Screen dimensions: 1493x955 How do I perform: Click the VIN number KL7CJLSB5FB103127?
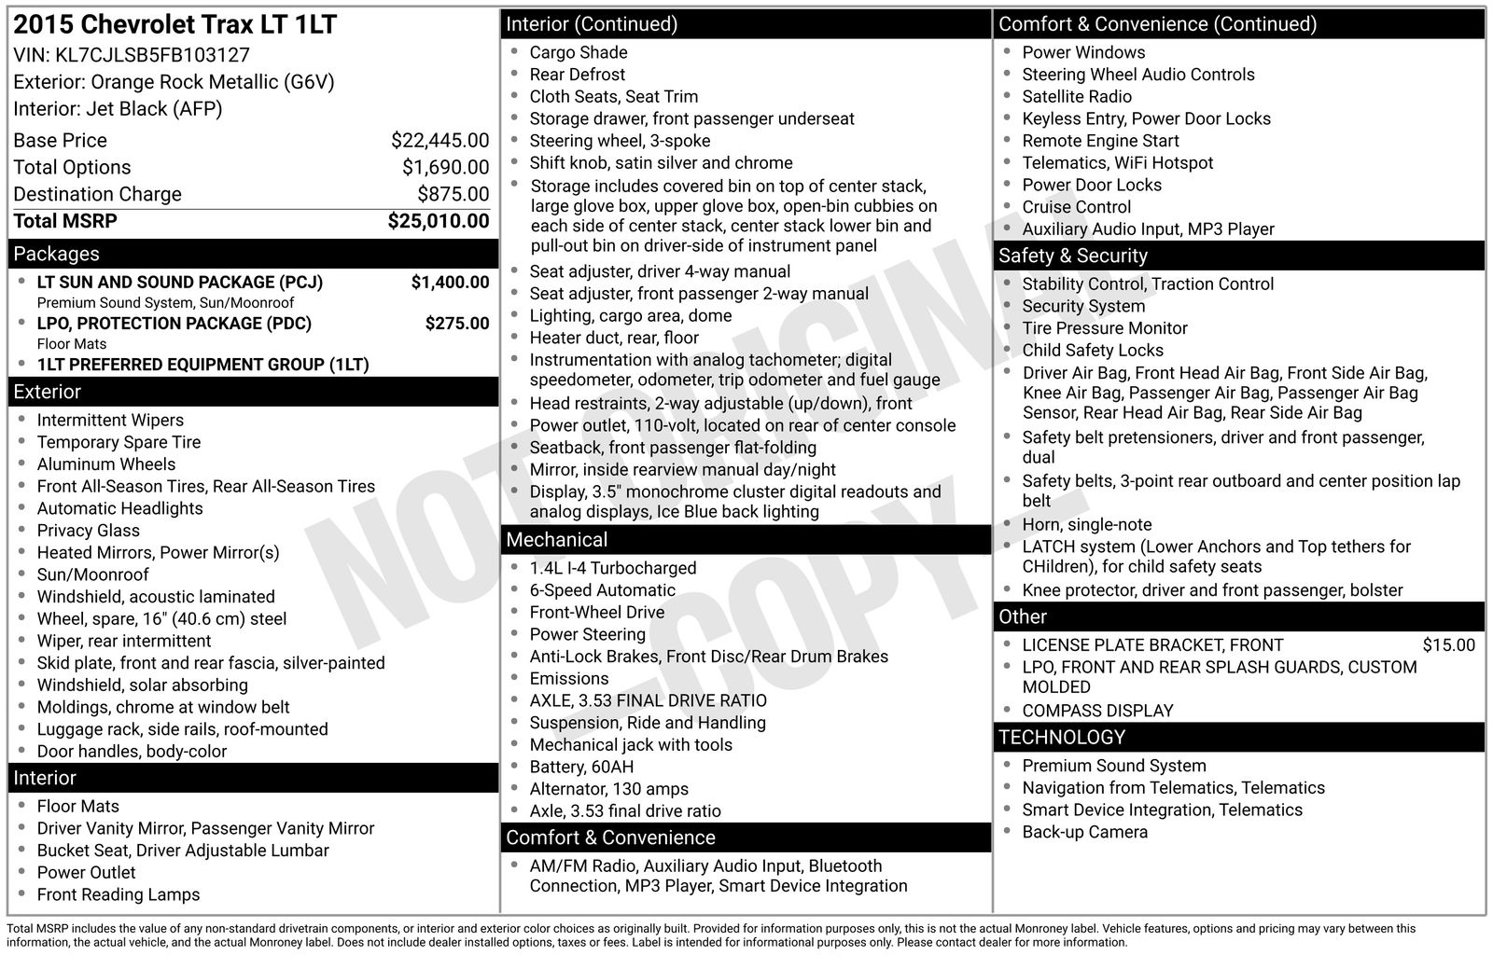click(152, 55)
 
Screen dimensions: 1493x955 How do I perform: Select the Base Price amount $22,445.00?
click(440, 141)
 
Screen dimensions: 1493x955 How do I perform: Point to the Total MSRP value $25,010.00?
click(438, 221)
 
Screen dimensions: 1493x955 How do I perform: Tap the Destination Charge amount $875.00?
click(453, 194)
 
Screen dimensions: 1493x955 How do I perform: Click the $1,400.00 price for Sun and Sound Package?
click(450, 283)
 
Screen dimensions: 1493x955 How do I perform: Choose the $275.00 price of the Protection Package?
click(456, 324)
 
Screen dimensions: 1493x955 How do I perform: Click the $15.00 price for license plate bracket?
click(1448, 645)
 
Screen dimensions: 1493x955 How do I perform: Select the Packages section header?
click(56, 254)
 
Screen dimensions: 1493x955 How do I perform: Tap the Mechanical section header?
click(556, 540)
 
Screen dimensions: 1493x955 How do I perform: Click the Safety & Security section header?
click(1072, 256)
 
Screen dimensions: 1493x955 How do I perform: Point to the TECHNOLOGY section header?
click(1062, 738)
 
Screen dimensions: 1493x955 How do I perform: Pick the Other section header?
click(1023, 617)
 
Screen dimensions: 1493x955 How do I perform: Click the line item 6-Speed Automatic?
click(602, 590)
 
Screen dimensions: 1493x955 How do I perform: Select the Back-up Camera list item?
click(1084, 832)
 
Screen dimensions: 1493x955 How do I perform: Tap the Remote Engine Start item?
click(1100, 141)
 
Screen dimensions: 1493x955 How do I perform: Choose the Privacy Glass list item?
click(88, 531)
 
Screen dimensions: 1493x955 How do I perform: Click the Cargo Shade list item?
click(578, 53)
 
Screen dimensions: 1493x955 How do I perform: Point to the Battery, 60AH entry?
click(581, 767)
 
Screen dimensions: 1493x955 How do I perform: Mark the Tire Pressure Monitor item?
click(1104, 328)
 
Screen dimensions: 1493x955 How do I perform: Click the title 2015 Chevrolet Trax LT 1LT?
click(174, 25)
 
